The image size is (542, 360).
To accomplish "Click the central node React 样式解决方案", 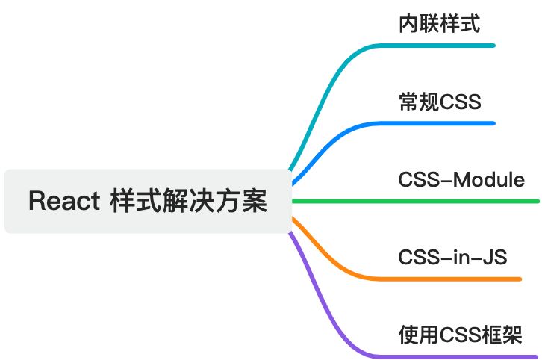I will point(147,201).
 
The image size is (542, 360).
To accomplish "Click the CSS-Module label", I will point(461,180).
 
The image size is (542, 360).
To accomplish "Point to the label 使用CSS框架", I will point(459,335).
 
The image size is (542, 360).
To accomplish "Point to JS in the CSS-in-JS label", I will point(495,258).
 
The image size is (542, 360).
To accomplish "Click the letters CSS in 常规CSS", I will point(457,102).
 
